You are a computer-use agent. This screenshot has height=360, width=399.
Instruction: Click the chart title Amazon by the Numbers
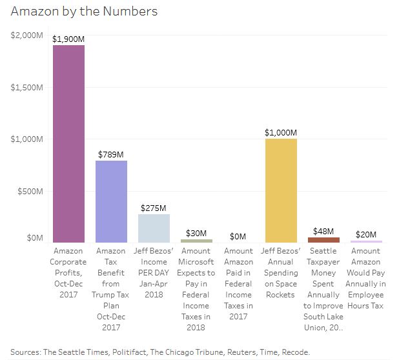click(84, 12)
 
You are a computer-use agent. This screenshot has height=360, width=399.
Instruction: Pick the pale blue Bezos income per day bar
click(154, 228)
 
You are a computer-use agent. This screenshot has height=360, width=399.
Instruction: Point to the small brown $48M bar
click(323, 239)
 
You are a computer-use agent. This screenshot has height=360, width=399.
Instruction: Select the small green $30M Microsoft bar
click(196, 241)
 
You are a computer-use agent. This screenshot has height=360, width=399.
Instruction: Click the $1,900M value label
click(68, 39)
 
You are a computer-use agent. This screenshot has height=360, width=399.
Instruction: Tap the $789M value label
click(111, 155)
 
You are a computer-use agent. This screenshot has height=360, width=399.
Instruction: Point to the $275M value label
click(154, 208)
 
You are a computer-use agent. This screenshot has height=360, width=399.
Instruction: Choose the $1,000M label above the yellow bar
click(281, 133)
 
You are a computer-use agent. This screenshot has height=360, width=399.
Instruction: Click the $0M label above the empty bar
click(238, 237)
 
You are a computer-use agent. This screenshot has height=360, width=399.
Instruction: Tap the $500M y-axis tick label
click(29, 192)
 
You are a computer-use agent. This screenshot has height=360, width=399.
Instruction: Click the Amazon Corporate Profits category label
click(68, 272)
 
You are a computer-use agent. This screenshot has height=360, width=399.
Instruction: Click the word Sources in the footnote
click(25, 352)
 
